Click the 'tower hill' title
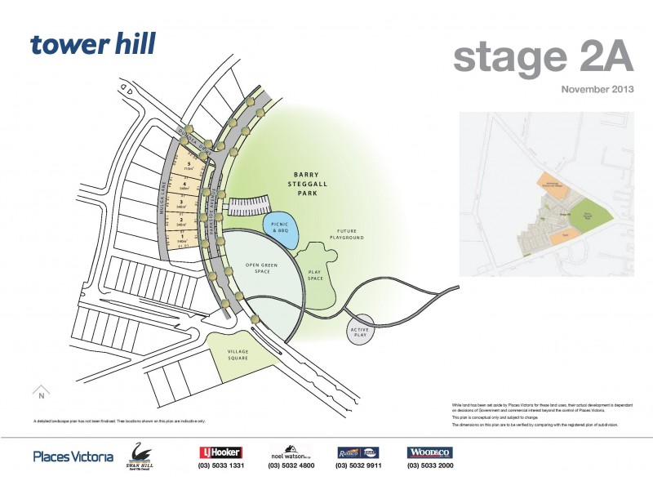92,44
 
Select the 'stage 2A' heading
543,57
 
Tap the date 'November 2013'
597,89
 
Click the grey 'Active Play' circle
359,331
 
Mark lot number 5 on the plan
188,166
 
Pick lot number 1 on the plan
182,237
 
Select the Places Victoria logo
73,457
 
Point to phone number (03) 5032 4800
290,466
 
